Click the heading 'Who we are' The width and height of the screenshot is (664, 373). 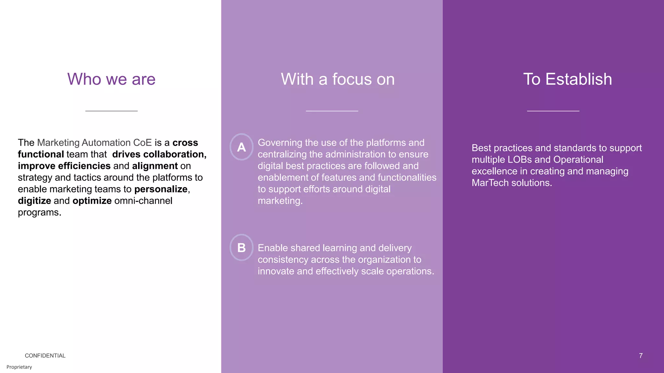111,79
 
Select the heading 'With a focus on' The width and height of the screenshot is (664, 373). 338,79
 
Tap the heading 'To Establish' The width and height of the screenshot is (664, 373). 567,79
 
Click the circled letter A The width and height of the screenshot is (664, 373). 241,147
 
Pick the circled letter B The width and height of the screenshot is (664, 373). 241,248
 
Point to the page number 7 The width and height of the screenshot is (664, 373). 641,356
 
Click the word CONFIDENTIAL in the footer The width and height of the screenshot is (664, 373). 45,356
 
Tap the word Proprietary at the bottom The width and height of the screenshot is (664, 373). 19,367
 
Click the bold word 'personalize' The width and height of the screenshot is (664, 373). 161,189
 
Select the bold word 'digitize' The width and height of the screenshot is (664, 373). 34,201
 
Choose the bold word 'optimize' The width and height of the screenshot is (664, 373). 92,201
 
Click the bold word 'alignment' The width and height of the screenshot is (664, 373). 155,166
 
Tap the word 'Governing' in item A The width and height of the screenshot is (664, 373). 280,143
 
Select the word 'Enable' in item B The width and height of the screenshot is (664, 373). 273,248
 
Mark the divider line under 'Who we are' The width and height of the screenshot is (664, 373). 111,111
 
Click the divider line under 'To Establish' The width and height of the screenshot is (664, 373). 553,111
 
